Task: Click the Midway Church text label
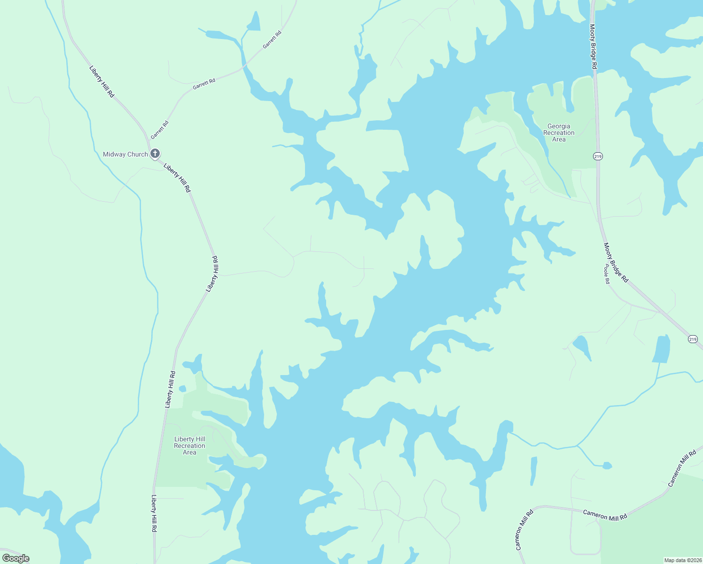coord(125,154)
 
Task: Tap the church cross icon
coord(155,154)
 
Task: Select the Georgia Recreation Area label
coord(559,133)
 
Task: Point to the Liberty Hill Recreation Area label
coord(189,446)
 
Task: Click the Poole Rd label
coord(607,274)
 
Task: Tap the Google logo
coord(16,558)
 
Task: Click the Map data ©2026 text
coord(683,560)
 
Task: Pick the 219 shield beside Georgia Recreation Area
coord(598,156)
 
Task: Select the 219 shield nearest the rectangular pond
coord(693,339)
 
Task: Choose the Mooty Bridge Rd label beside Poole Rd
coord(616,262)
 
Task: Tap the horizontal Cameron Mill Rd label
coord(605,515)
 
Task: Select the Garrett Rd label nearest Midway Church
coord(159,130)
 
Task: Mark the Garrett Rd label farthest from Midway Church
coord(272,39)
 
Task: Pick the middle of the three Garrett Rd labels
coord(204,84)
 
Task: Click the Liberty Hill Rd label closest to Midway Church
coord(177,177)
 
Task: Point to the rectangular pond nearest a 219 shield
coord(661,349)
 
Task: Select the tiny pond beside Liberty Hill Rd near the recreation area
coord(182,389)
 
